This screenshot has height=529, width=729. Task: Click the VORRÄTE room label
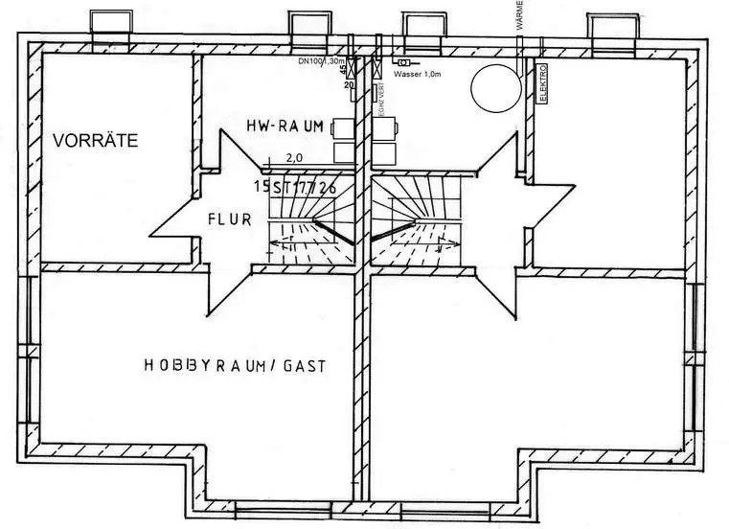point(95,140)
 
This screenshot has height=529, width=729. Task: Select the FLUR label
point(229,218)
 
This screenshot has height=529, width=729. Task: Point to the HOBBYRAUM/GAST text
point(236,364)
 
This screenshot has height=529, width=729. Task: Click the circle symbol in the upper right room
point(492,84)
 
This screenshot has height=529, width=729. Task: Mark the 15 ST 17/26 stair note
point(295,186)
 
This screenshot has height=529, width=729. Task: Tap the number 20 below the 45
point(348,85)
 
